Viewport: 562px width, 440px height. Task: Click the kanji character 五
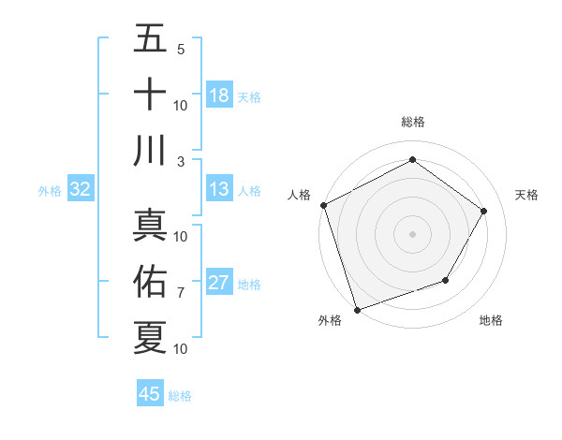(150, 38)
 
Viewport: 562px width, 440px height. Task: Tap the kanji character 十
(150, 94)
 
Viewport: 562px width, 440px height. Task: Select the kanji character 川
(150, 150)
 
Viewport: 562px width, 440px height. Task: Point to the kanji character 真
(150, 226)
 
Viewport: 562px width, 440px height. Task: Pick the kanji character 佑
(150, 281)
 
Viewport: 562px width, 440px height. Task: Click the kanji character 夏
(150, 337)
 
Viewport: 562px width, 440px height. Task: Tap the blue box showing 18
(219, 95)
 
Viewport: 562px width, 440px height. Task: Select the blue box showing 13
(219, 189)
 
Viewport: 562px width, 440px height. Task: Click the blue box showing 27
(219, 283)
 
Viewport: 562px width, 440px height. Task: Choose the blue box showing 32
(80, 189)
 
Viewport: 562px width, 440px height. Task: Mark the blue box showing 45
(150, 394)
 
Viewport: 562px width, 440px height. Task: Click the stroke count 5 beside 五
(180, 50)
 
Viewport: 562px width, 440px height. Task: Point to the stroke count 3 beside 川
(180, 161)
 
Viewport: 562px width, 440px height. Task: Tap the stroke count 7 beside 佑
(180, 293)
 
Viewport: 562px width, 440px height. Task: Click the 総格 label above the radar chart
(412, 122)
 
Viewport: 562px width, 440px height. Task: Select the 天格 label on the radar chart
(526, 195)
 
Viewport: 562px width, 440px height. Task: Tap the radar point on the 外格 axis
(358, 309)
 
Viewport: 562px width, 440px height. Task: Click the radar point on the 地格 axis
(446, 280)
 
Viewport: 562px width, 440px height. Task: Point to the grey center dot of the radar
(412, 233)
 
